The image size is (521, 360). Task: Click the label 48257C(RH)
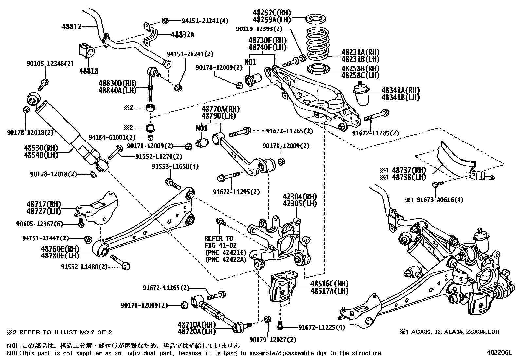(x=272, y=13)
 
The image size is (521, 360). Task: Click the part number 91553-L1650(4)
(x=175, y=166)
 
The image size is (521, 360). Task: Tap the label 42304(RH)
(x=300, y=197)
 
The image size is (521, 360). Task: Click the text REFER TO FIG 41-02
(x=219, y=241)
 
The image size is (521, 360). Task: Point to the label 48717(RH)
(x=44, y=204)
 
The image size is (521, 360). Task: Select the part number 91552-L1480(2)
(x=84, y=267)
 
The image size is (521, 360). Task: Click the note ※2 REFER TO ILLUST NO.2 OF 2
(x=59, y=332)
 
